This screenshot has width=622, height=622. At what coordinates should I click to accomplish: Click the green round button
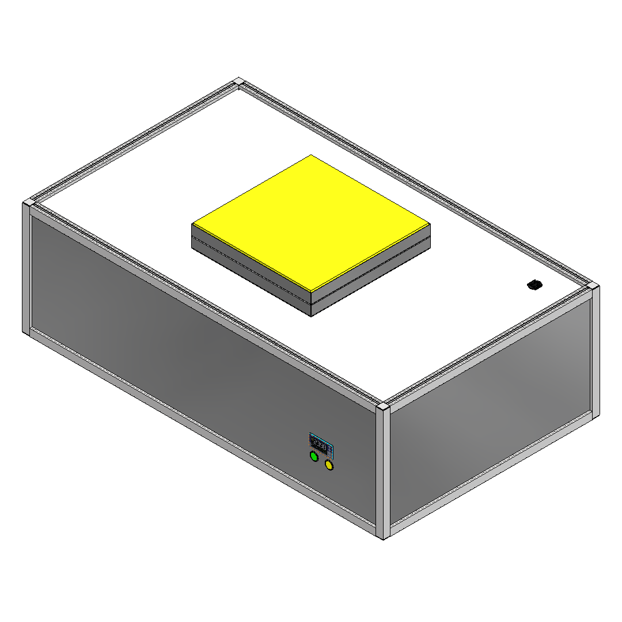coord(314,457)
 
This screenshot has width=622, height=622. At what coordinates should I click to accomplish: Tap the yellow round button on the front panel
coord(329,465)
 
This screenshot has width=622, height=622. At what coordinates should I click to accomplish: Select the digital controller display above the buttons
coord(320,444)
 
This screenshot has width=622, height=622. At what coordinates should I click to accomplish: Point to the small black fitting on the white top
coord(534,285)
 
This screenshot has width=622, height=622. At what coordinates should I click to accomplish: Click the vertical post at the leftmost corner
coord(26,268)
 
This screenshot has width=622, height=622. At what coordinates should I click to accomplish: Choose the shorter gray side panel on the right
coord(490,415)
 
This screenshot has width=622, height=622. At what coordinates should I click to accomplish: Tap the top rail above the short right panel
coord(490,348)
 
